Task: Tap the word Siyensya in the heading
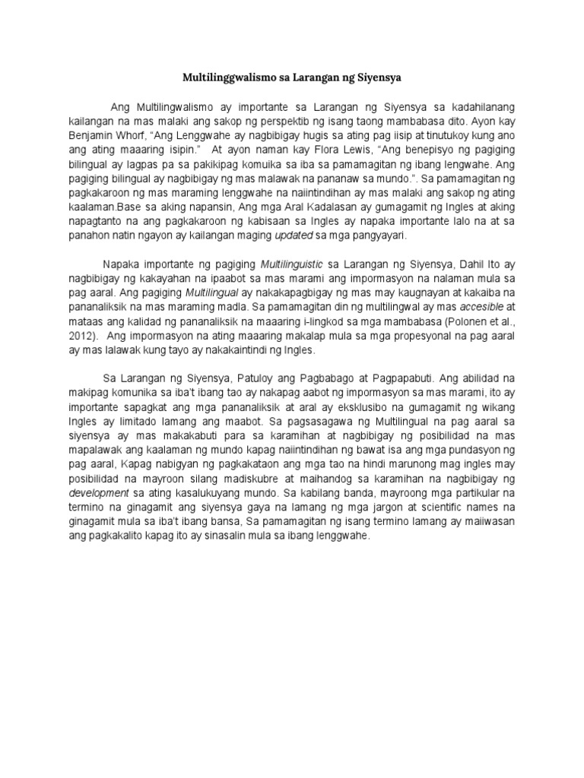[x=377, y=77]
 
